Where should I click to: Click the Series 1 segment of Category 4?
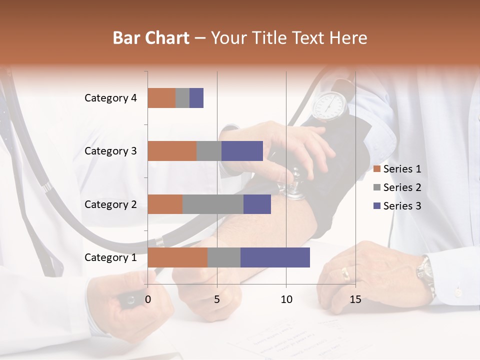pyautogui.click(x=161, y=98)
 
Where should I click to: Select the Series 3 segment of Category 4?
pyautogui.click(x=196, y=98)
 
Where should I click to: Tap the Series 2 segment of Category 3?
pyautogui.click(x=209, y=151)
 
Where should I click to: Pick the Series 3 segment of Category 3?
pyautogui.click(x=242, y=151)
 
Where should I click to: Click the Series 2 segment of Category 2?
pyautogui.click(x=213, y=204)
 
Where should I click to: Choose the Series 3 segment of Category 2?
pyautogui.click(x=257, y=204)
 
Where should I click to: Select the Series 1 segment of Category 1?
pyautogui.click(x=177, y=257)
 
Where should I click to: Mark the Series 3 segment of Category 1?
pyautogui.click(x=275, y=257)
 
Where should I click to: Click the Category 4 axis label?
pyautogui.click(x=110, y=98)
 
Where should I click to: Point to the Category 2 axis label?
pyautogui.click(x=110, y=204)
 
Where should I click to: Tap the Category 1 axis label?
pyautogui.click(x=110, y=257)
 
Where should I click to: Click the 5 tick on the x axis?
pyautogui.click(x=217, y=299)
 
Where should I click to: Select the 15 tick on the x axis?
pyautogui.click(x=355, y=299)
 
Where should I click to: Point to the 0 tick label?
pyautogui.click(x=148, y=299)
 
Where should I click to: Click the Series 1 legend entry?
pyautogui.click(x=397, y=169)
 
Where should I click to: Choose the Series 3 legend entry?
pyautogui.click(x=397, y=206)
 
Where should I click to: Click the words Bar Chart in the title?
pyautogui.click(x=151, y=38)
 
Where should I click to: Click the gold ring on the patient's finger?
pyautogui.click(x=345, y=273)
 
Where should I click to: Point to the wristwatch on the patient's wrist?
pyautogui.click(x=425, y=272)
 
